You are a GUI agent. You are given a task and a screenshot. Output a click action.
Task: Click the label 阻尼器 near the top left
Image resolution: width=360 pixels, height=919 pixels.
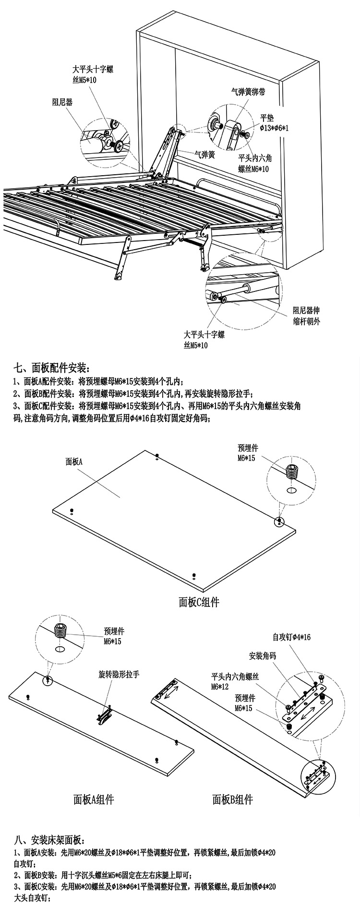click(x=62, y=102)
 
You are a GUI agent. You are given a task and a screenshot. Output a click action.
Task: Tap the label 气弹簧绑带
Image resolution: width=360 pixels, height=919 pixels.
click(x=248, y=92)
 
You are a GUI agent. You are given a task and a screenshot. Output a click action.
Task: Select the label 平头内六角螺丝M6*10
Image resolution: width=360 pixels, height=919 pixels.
click(x=255, y=163)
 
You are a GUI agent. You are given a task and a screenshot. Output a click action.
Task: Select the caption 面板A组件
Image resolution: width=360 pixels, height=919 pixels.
click(x=94, y=799)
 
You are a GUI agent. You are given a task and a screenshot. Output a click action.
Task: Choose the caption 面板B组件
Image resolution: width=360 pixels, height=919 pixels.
click(x=232, y=799)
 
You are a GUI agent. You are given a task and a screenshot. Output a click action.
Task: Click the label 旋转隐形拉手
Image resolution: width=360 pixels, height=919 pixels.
click(x=119, y=675)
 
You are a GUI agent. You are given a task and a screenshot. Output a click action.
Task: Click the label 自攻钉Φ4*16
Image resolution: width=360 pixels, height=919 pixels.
click(x=292, y=637)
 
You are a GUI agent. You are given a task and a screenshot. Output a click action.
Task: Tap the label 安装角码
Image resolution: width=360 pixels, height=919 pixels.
click(x=263, y=656)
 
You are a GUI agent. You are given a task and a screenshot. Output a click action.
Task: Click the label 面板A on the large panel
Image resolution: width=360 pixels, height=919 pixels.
click(x=74, y=462)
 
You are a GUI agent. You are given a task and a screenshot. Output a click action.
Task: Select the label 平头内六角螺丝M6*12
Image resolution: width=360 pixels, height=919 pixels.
click(x=235, y=681)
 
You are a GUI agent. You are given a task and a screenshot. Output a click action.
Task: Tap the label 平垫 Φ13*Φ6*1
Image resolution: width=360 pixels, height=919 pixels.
click(x=274, y=123)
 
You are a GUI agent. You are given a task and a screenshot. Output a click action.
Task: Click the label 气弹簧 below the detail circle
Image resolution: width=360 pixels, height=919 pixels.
click(x=204, y=155)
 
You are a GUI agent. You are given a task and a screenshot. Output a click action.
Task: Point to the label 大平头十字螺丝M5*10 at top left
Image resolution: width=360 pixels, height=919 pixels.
click(x=93, y=74)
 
